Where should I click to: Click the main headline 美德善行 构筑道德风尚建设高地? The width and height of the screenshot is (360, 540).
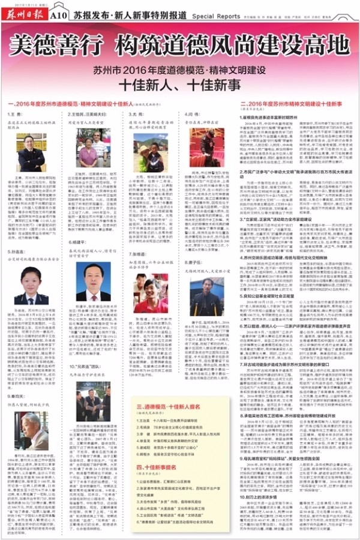click(x=179, y=45)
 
